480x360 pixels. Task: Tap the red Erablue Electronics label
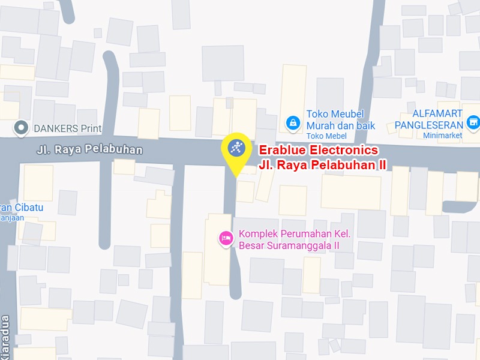318,150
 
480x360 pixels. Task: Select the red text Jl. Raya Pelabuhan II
322,164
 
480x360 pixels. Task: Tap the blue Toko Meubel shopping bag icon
293,123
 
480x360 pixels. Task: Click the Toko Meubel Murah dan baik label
340,120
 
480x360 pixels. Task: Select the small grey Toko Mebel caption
323,137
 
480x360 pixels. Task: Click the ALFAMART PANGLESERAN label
429,119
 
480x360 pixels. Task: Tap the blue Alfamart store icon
473,122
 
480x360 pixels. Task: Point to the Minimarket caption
440,136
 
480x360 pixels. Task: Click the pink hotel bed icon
226,239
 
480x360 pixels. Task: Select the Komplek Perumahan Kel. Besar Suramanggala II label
294,239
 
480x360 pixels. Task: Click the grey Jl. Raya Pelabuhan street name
88,149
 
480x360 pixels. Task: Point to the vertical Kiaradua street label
6,336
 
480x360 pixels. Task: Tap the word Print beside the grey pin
91,128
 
